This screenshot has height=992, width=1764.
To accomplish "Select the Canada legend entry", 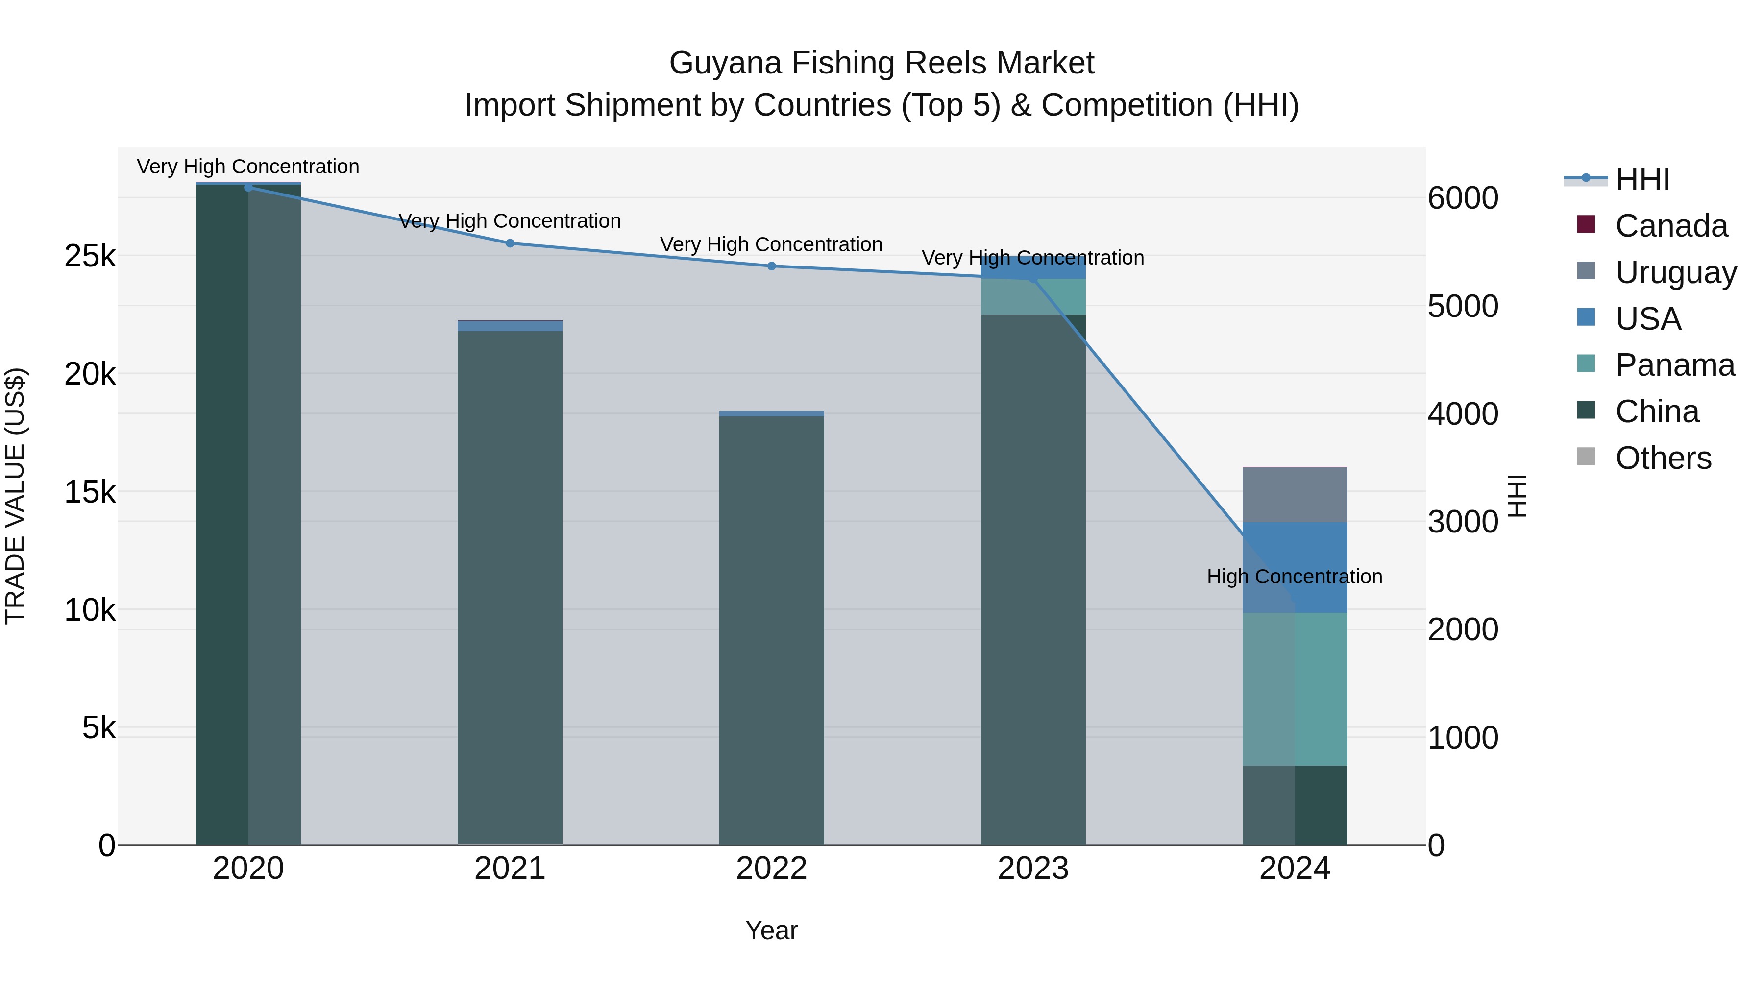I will pos(1671,226).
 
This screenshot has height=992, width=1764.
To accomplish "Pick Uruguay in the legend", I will pos(1675,272).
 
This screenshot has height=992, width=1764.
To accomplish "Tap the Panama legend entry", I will pos(1674,365).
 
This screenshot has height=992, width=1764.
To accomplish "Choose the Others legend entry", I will pos(1663,458).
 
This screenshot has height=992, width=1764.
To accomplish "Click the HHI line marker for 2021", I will pos(510,243).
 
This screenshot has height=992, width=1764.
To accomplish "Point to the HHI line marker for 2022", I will pos(772,266).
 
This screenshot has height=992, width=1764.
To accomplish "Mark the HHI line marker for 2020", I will pos(248,188).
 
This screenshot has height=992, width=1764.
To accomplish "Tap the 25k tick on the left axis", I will pos(90,257).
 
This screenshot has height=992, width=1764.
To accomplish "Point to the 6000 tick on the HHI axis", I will pos(1463,198).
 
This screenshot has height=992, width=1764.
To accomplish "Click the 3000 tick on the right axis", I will pos(1463,522).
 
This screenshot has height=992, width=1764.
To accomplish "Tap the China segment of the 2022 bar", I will pos(772,630).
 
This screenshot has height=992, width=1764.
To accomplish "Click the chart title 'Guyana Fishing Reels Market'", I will pos(882,63).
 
